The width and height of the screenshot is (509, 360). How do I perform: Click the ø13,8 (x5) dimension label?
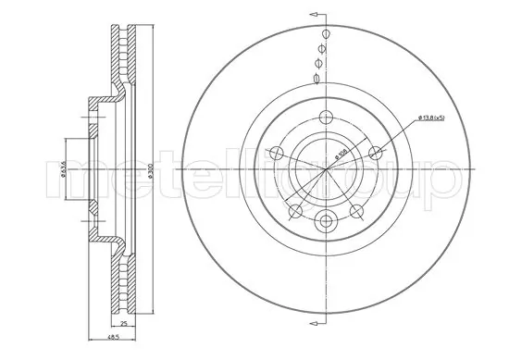coord(435,117)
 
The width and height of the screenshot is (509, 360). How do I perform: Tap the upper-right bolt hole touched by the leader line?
coord(375,154)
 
